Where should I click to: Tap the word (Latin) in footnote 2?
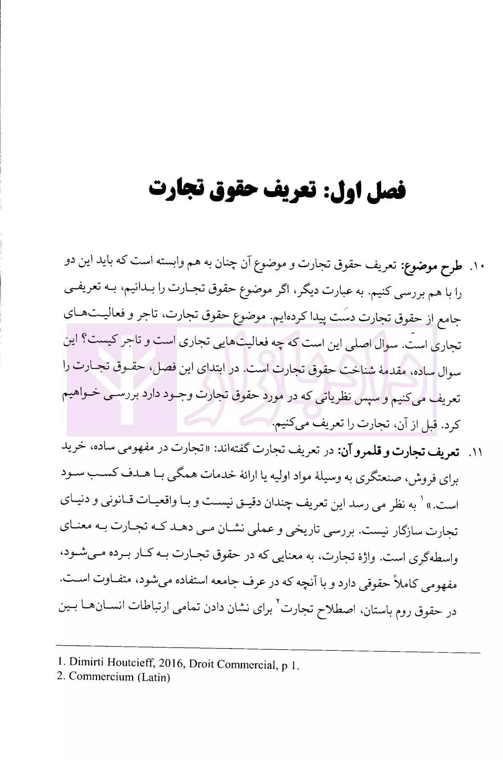click(x=154, y=677)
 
